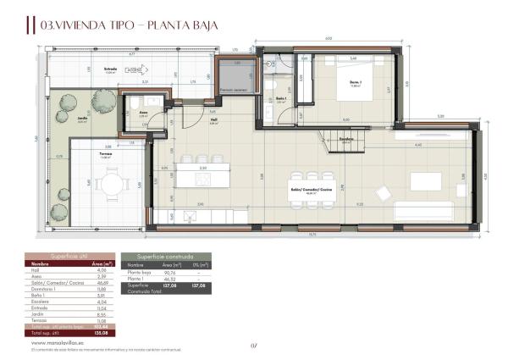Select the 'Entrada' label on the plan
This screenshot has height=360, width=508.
pyautogui.click(x=110, y=70)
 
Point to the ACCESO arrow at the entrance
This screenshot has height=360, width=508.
pyautogui.click(x=133, y=69)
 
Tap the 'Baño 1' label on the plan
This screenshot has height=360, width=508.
pyautogui.click(x=281, y=100)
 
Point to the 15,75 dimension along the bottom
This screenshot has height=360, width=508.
pyautogui.click(x=312, y=235)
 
